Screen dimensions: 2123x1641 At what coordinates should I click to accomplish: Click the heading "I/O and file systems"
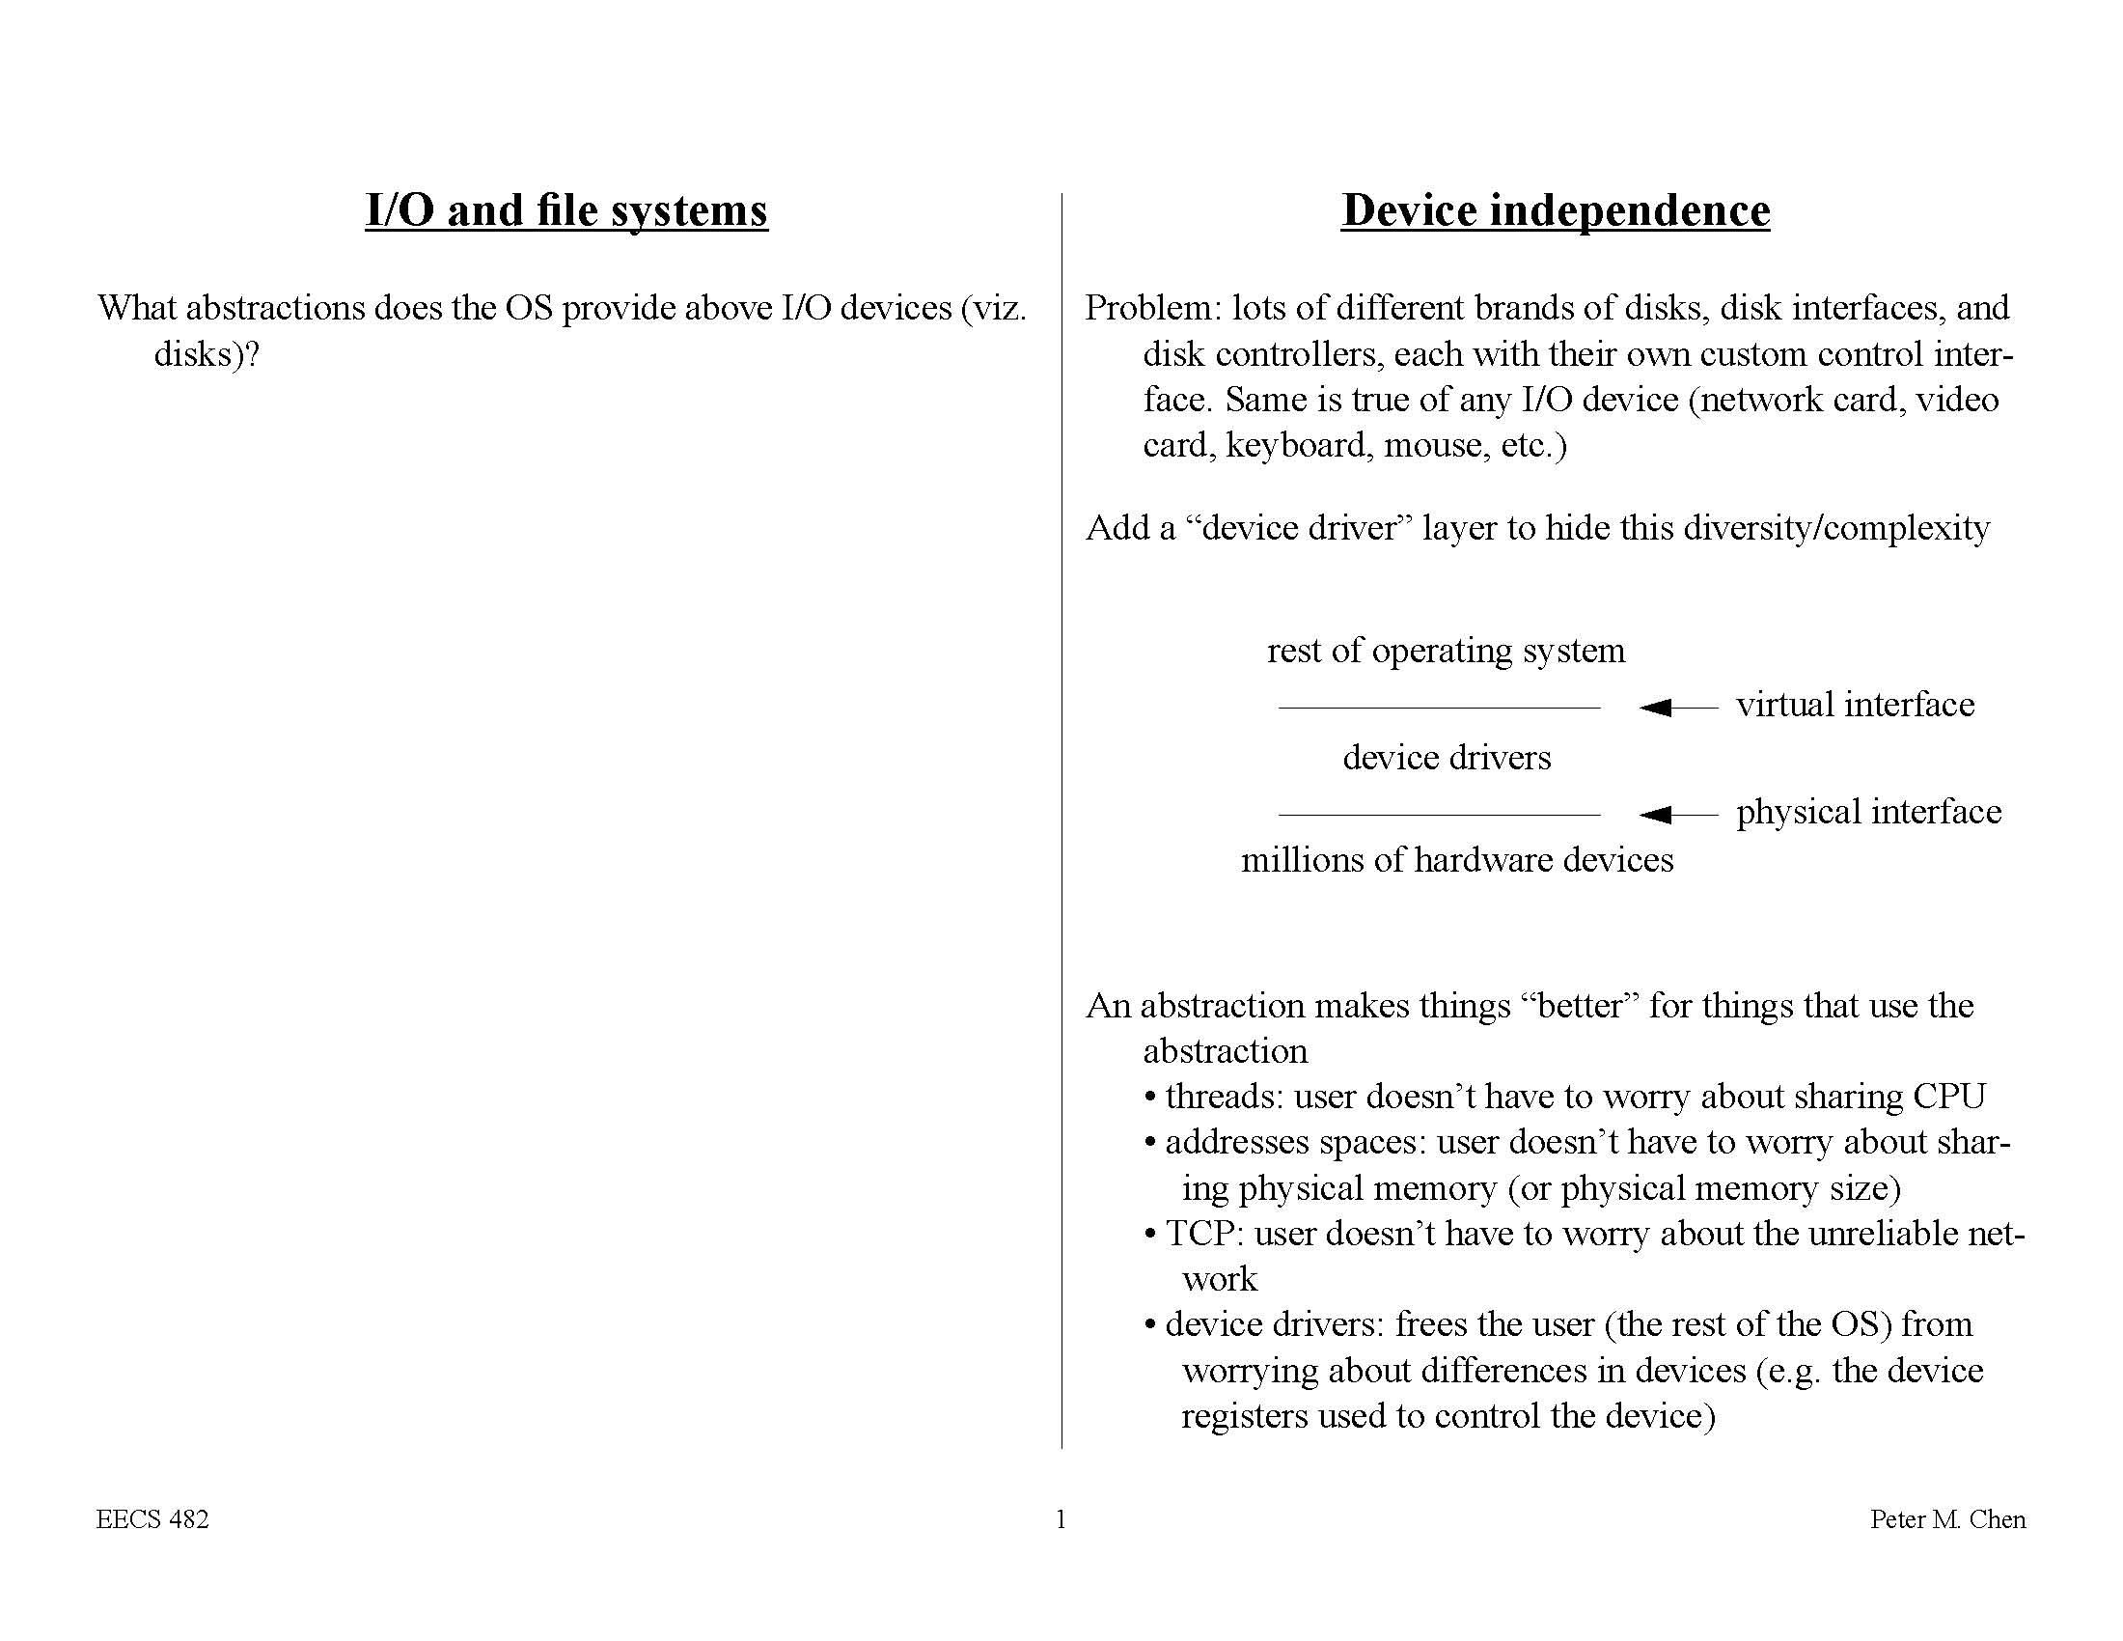(x=565, y=211)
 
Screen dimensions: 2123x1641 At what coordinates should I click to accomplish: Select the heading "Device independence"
(x=1556, y=211)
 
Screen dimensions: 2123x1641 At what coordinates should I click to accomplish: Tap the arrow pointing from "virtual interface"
(x=1677, y=707)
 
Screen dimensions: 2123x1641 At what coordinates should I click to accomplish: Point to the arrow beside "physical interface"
(x=1677, y=814)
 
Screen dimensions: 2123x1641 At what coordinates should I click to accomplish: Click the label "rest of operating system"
(x=1446, y=651)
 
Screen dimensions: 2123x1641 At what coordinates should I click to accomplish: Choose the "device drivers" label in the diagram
(x=1447, y=758)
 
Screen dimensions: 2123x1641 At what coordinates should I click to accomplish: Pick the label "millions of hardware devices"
(x=1457, y=860)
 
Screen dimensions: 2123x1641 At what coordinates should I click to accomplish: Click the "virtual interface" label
(x=1855, y=705)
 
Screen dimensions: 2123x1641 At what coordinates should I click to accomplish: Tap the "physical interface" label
(x=1868, y=812)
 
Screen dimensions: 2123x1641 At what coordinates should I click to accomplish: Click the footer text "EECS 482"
(x=152, y=1519)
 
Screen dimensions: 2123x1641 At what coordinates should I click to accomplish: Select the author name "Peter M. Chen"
(x=1947, y=1519)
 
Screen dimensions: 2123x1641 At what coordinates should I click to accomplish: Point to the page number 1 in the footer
(x=1061, y=1519)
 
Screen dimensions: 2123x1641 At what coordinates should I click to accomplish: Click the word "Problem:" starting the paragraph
(x=1153, y=308)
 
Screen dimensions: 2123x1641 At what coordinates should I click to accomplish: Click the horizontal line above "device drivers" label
(x=1439, y=708)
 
